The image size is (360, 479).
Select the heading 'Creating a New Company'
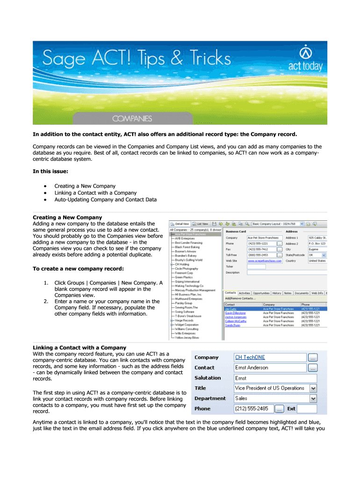[67, 218]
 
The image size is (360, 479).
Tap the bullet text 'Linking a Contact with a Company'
[95, 193]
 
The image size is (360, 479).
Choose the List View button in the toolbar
[202, 224]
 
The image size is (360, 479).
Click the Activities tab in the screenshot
[245, 293]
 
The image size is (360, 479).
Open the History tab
[277, 293]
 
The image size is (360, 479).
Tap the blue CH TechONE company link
[250, 357]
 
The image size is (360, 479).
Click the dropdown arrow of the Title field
[313, 388]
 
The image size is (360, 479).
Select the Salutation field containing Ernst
[275, 378]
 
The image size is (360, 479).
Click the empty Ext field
[307, 409]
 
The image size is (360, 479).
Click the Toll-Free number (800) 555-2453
[258, 255]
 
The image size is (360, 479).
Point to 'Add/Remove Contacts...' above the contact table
[240, 298]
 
